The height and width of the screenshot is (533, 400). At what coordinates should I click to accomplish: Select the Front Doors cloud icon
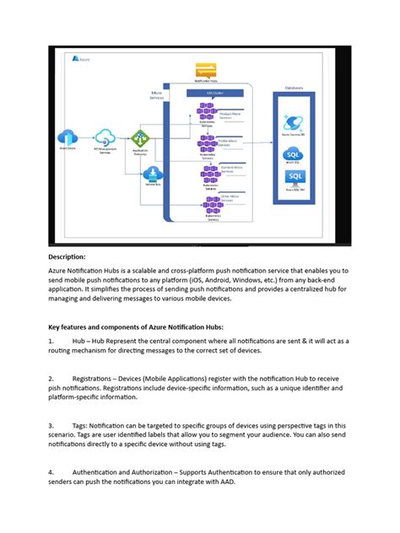coord(68,137)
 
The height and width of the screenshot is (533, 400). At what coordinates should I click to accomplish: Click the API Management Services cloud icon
coord(105,137)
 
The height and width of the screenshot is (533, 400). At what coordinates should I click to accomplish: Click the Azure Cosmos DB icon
coord(295,122)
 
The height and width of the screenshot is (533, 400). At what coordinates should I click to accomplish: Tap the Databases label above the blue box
coord(295,87)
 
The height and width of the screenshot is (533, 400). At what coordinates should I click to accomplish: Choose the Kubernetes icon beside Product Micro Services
coord(206,110)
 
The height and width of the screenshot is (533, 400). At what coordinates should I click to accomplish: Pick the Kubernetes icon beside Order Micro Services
coord(206,202)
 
